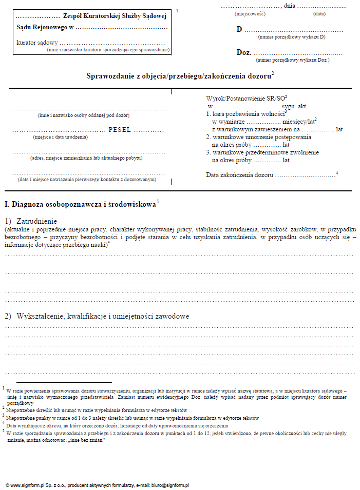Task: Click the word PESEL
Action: pyautogui.click(x=120, y=130)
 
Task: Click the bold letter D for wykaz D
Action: pyautogui.click(x=239, y=29)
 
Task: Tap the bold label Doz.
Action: pyautogui.click(x=243, y=52)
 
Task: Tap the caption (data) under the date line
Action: pyautogui.click(x=319, y=14)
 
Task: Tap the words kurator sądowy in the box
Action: pyautogui.click(x=37, y=43)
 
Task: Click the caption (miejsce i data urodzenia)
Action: pyautogui.click(x=60, y=137)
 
